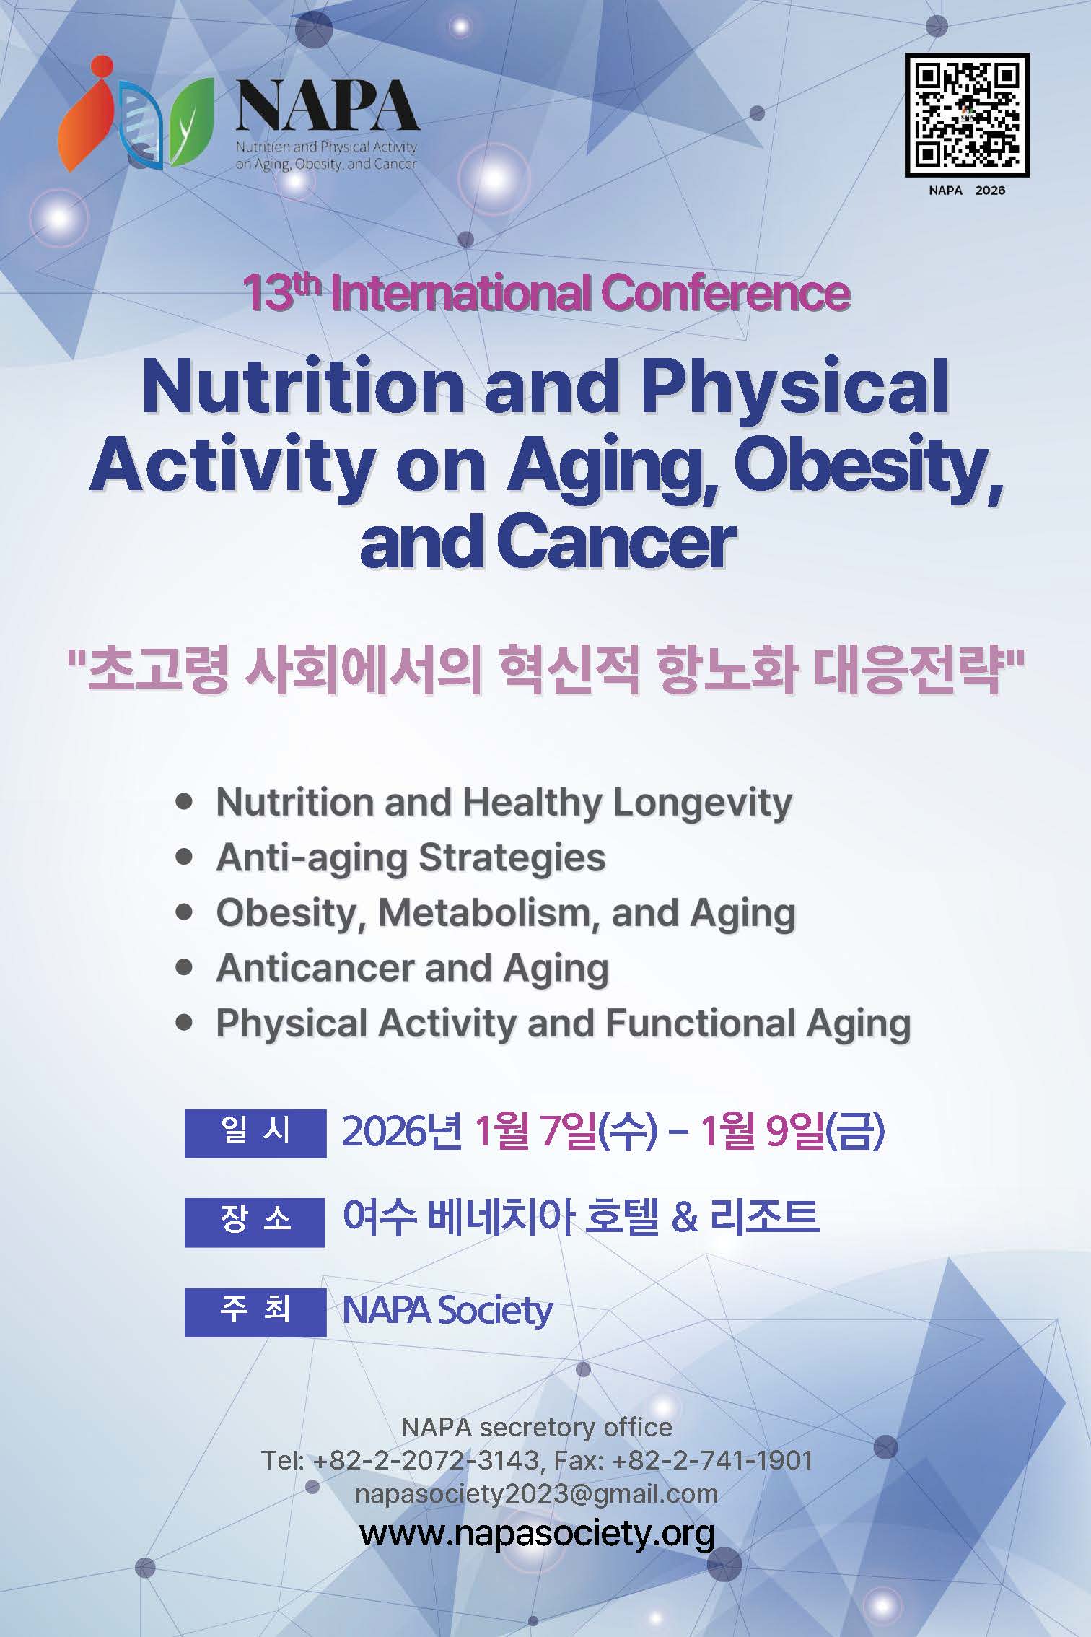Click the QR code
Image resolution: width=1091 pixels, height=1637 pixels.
[x=966, y=115]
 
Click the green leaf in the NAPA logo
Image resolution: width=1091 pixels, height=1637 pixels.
[x=192, y=121]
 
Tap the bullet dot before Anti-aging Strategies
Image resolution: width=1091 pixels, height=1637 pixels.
[x=185, y=857]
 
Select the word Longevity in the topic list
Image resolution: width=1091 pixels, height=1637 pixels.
[x=702, y=803]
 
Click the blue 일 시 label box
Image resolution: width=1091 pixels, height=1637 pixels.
[x=255, y=1132]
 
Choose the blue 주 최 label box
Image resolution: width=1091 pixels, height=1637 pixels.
[x=255, y=1311]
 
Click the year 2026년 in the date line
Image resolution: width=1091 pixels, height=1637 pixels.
[x=401, y=1132]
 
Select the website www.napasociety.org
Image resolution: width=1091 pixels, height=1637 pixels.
[x=538, y=1533]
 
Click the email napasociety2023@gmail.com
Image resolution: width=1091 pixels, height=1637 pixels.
[x=537, y=1493]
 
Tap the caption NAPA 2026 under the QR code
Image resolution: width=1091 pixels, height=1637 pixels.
[x=967, y=191]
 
